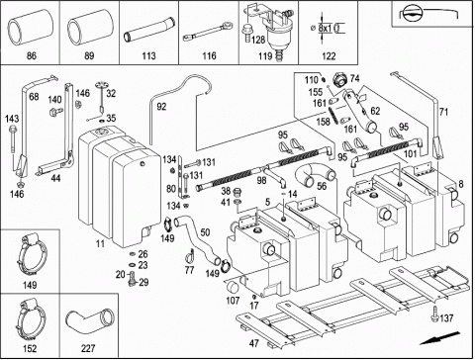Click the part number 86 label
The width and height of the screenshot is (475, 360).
click(x=31, y=55)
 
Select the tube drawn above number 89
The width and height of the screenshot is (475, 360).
click(x=90, y=27)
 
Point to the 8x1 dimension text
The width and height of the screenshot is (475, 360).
click(x=326, y=28)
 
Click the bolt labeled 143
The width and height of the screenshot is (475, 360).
click(x=13, y=137)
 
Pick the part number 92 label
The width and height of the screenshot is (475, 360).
click(x=161, y=107)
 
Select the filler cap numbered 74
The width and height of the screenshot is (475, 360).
click(x=339, y=79)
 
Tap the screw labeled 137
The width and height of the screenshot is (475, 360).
click(x=435, y=314)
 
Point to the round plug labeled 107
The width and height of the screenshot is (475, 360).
click(x=234, y=287)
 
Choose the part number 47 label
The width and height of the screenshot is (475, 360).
click(x=253, y=343)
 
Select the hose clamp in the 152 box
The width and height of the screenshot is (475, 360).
click(x=31, y=320)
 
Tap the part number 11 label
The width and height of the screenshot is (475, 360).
click(x=100, y=244)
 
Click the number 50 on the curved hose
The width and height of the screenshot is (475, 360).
click(x=205, y=232)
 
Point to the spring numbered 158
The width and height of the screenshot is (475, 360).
click(x=333, y=115)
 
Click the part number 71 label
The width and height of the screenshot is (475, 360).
click(x=443, y=112)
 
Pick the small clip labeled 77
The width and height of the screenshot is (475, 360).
click(x=190, y=255)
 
